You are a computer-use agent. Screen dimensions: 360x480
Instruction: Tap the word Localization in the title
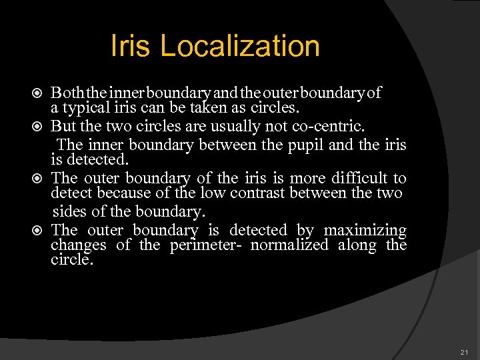pos(240,46)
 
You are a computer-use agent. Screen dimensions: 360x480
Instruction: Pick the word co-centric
pos(308,125)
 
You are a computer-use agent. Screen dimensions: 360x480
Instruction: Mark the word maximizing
pos(365,230)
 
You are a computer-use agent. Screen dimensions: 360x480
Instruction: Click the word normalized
pos(289,245)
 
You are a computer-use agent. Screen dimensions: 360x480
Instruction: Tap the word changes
pos(78,245)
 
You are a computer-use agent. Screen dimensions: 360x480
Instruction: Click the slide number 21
pos(464,352)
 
